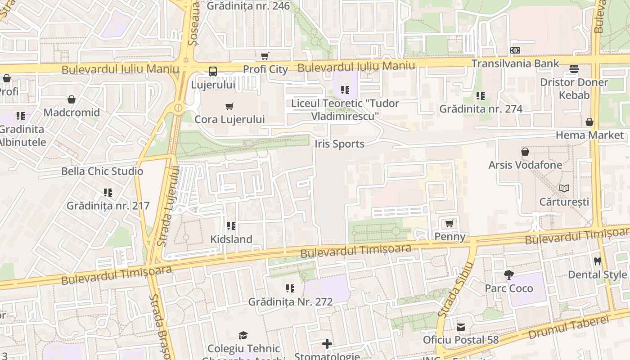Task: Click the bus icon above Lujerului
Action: [213, 71]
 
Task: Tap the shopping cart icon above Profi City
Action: [265, 56]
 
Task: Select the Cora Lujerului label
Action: [229, 119]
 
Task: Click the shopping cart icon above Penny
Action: [449, 224]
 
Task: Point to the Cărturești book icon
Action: [564, 189]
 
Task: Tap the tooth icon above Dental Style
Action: [598, 261]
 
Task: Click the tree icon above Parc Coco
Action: [509, 274]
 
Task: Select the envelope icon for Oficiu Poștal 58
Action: [461, 327]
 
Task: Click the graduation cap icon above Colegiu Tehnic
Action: [243, 335]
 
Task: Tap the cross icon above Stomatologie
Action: [327, 344]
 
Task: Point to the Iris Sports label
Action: [340, 144]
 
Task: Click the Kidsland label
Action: [231, 239]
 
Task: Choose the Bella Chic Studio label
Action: [102, 171]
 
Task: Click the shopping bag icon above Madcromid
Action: [72, 99]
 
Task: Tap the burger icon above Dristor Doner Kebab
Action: [574, 69]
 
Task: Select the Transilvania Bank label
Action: [515, 63]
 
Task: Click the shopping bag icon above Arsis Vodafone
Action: [525, 152]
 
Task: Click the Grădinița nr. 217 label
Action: [108, 206]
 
